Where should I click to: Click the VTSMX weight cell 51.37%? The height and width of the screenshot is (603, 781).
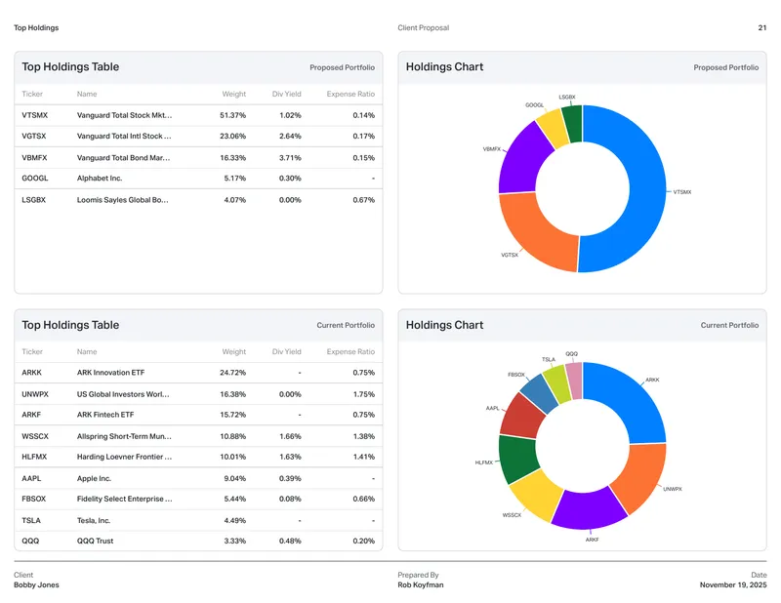click(x=232, y=115)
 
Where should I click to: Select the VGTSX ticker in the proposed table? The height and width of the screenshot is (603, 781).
click(x=34, y=136)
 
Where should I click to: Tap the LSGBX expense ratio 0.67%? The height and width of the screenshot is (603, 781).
click(x=363, y=200)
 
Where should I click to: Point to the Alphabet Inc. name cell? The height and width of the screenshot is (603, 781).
click(x=100, y=179)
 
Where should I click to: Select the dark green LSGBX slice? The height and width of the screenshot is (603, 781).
click(x=573, y=124)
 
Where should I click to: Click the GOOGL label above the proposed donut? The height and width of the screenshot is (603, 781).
click(x=534, y=105)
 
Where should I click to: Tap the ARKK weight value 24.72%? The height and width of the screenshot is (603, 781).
click(x=232, y=373)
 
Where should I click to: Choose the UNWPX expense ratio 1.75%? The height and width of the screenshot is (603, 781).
click(x=363, y=394)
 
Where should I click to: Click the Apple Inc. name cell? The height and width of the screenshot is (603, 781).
click(x=94, y=478)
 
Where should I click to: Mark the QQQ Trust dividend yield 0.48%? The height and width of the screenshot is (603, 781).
click(x=290, y=541)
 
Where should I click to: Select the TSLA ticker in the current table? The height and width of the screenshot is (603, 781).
click(x=31, y=520)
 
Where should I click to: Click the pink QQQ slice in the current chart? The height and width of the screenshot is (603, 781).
click(x=574, y=381)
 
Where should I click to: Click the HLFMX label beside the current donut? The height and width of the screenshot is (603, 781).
click(x=483, y=462)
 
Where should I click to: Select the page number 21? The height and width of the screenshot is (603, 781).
click(x=762, y=28)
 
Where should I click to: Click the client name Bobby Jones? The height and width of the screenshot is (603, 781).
click(x=36, y=584)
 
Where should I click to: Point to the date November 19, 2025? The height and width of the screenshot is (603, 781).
click(x=733, y=584)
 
